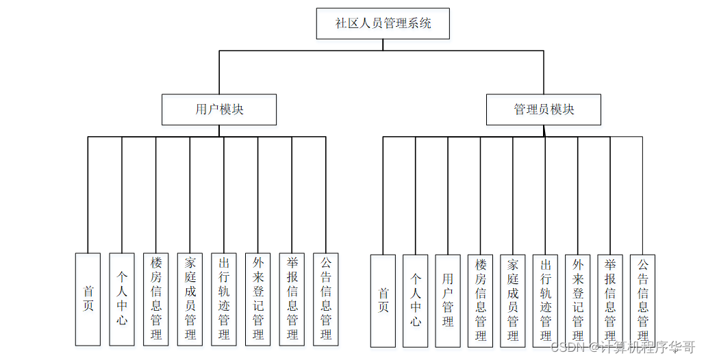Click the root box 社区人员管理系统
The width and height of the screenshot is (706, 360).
[383, 23]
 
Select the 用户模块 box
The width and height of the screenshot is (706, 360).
[219, 110]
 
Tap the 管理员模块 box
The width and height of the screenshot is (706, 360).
[544, 110]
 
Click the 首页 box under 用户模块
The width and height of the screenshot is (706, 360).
[88, 299]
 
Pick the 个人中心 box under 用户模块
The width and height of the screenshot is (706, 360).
[122, 299]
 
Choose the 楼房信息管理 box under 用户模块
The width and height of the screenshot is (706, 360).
[156, 299]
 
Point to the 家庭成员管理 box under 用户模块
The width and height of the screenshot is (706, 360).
[190, 299]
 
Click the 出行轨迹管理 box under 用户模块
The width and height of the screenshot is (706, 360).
[224, 299]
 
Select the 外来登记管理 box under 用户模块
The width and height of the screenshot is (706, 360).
[258, 299]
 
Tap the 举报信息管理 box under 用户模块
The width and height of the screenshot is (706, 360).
[292, 299]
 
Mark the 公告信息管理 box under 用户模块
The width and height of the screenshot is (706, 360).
[326, 299]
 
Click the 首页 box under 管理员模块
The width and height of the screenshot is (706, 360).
[383, 300]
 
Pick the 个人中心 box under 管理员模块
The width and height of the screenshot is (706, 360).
[416, 300]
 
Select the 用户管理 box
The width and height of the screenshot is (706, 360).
[448, 300]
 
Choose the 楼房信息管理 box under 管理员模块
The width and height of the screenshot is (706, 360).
[480, 300]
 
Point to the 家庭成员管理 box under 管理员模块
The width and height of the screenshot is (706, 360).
[513, 300]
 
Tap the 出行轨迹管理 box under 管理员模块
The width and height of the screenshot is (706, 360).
[545, 300]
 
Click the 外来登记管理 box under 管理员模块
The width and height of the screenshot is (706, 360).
[578, 300]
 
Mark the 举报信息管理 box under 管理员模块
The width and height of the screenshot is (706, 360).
[610, 300]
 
